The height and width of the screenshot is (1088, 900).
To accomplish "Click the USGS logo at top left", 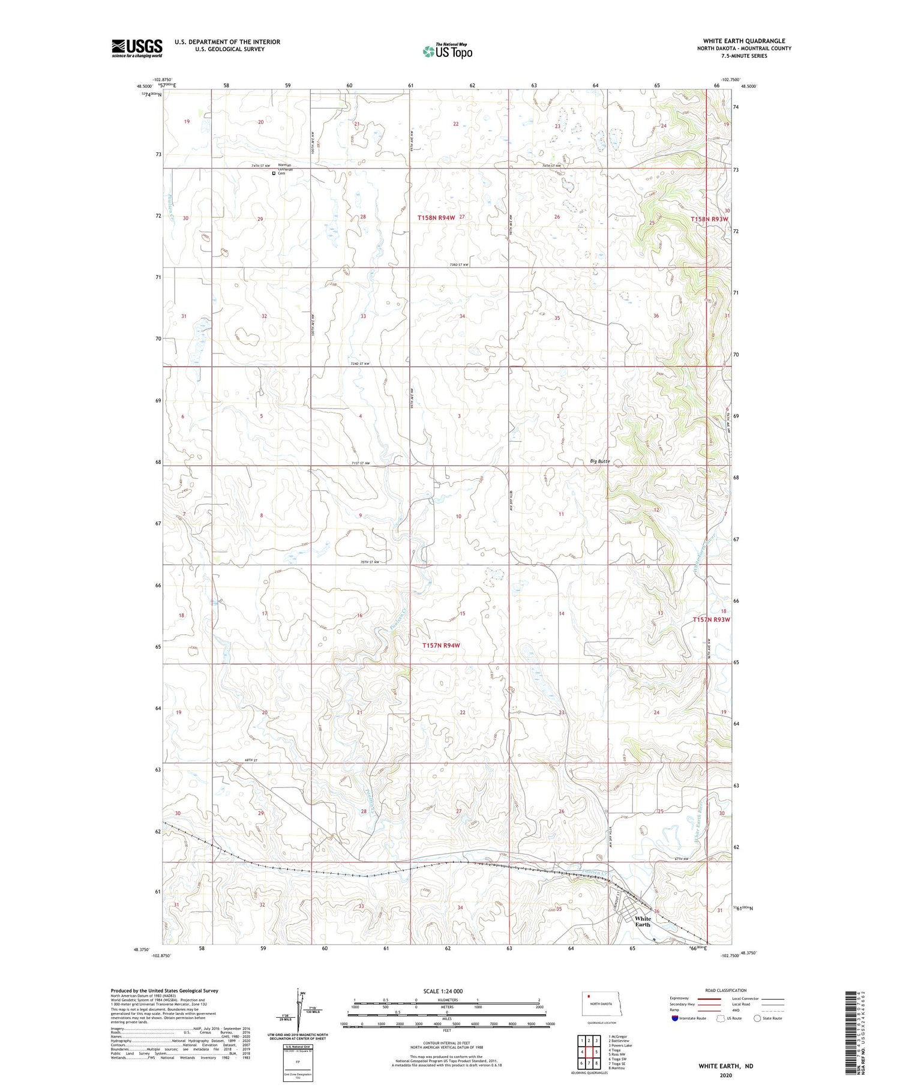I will (137, 48).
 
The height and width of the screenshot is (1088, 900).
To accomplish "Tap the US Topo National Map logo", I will (448, 51).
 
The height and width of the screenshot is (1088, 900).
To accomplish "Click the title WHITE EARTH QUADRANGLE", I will (744, 41).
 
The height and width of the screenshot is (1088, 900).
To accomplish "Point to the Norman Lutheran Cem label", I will (284, 169).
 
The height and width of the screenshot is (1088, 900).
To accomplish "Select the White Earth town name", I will (643, 921).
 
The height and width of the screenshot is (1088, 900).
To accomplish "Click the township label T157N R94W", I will (440, 645).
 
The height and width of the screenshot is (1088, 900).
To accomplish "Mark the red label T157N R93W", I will (712, 619).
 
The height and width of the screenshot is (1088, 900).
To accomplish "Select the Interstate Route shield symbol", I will (675, 1018).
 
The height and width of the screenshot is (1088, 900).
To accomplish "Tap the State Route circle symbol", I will (757, 1018).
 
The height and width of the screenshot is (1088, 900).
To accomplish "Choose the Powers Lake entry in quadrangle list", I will (620, 1045).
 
